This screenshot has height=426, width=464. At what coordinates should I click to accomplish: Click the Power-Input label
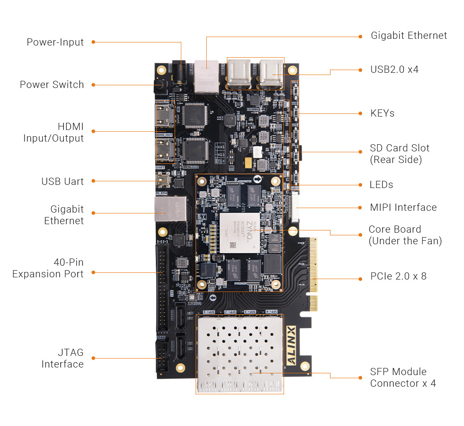(x=55, y=42)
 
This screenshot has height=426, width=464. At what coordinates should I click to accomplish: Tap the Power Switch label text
(x=52, y=85)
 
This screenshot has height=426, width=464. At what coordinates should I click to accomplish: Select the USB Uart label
(x=63, y=181)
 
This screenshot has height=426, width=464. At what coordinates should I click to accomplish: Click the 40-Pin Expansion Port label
(x=48, y=268)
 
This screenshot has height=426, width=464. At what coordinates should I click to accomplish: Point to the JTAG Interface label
(x=63, y=358)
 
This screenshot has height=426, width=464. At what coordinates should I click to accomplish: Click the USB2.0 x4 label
(x=394, y=70)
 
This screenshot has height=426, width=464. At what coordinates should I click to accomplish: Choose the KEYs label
(x=382, y=113)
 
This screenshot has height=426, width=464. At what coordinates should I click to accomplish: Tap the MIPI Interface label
(x=403, y=208)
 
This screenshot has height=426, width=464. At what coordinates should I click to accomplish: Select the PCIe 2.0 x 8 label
(x=398, y=276)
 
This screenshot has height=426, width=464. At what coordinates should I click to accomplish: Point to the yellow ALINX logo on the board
(x=291, y=346)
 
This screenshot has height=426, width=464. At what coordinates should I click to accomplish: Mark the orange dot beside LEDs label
(x=360, y=185)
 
